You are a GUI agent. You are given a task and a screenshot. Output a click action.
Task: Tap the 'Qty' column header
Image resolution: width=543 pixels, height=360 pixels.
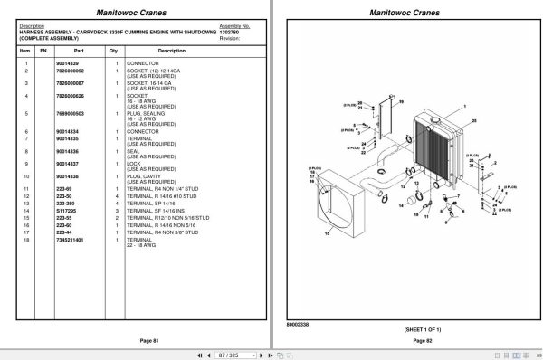113,51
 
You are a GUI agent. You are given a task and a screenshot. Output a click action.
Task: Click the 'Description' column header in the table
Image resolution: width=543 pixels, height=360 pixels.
171,51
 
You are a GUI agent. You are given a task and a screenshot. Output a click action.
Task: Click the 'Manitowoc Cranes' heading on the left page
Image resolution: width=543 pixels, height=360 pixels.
135,11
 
